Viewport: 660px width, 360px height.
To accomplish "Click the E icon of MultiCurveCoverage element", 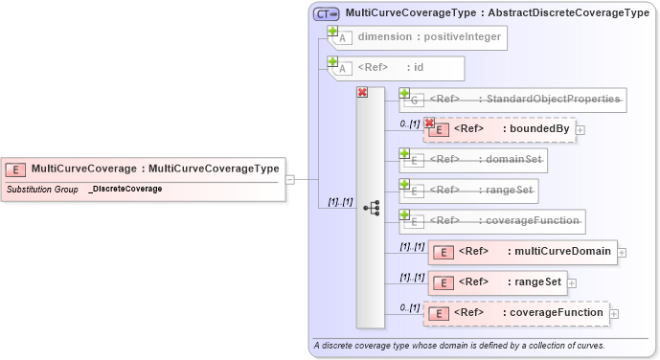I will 15,169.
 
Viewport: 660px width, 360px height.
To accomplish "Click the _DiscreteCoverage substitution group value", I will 125,190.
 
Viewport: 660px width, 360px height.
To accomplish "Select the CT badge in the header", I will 327,14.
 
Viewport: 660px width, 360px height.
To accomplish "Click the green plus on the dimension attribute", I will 332,31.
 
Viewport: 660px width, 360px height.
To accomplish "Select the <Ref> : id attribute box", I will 398,68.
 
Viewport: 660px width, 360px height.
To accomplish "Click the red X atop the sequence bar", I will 362,92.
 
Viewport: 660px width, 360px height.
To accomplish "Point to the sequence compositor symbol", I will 371,208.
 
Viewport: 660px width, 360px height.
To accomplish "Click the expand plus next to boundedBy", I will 580,130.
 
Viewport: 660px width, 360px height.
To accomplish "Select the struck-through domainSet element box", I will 473,160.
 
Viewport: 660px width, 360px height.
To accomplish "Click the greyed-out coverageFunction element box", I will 493,221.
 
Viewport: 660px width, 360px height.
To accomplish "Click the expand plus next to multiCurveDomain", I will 622,253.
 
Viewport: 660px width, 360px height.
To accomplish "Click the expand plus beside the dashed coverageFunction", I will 614,313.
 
